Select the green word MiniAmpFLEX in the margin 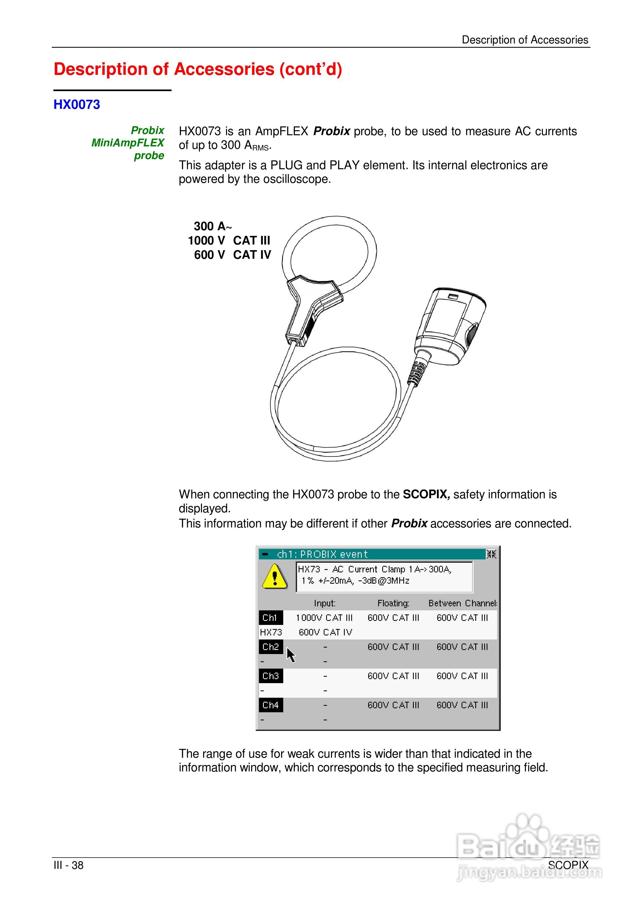point(127,143)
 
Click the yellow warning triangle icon point(275,577)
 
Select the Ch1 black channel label point(270,618)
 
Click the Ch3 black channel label point(271,676)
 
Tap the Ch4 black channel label point(271,705)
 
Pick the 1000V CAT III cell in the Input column point(324,618)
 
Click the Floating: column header point(393,603)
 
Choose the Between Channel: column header point(462,603)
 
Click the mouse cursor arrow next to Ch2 point(291,655)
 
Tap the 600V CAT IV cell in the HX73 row point(325,632)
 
